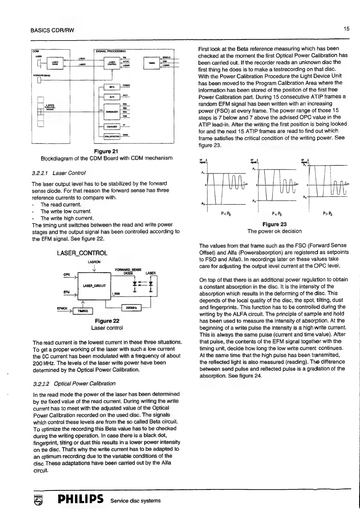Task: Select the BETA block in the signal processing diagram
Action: click(112, 87)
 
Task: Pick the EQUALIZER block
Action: click(112, 127)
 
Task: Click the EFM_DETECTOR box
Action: click(112, 137)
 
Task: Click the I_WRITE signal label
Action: click(81, 64)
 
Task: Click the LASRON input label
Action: click(94, 262)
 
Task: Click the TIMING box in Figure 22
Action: click(83, 311)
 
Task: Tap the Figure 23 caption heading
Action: click(274, 224)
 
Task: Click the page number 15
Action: click(346, 29)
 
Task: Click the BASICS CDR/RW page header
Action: click(52, 30)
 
